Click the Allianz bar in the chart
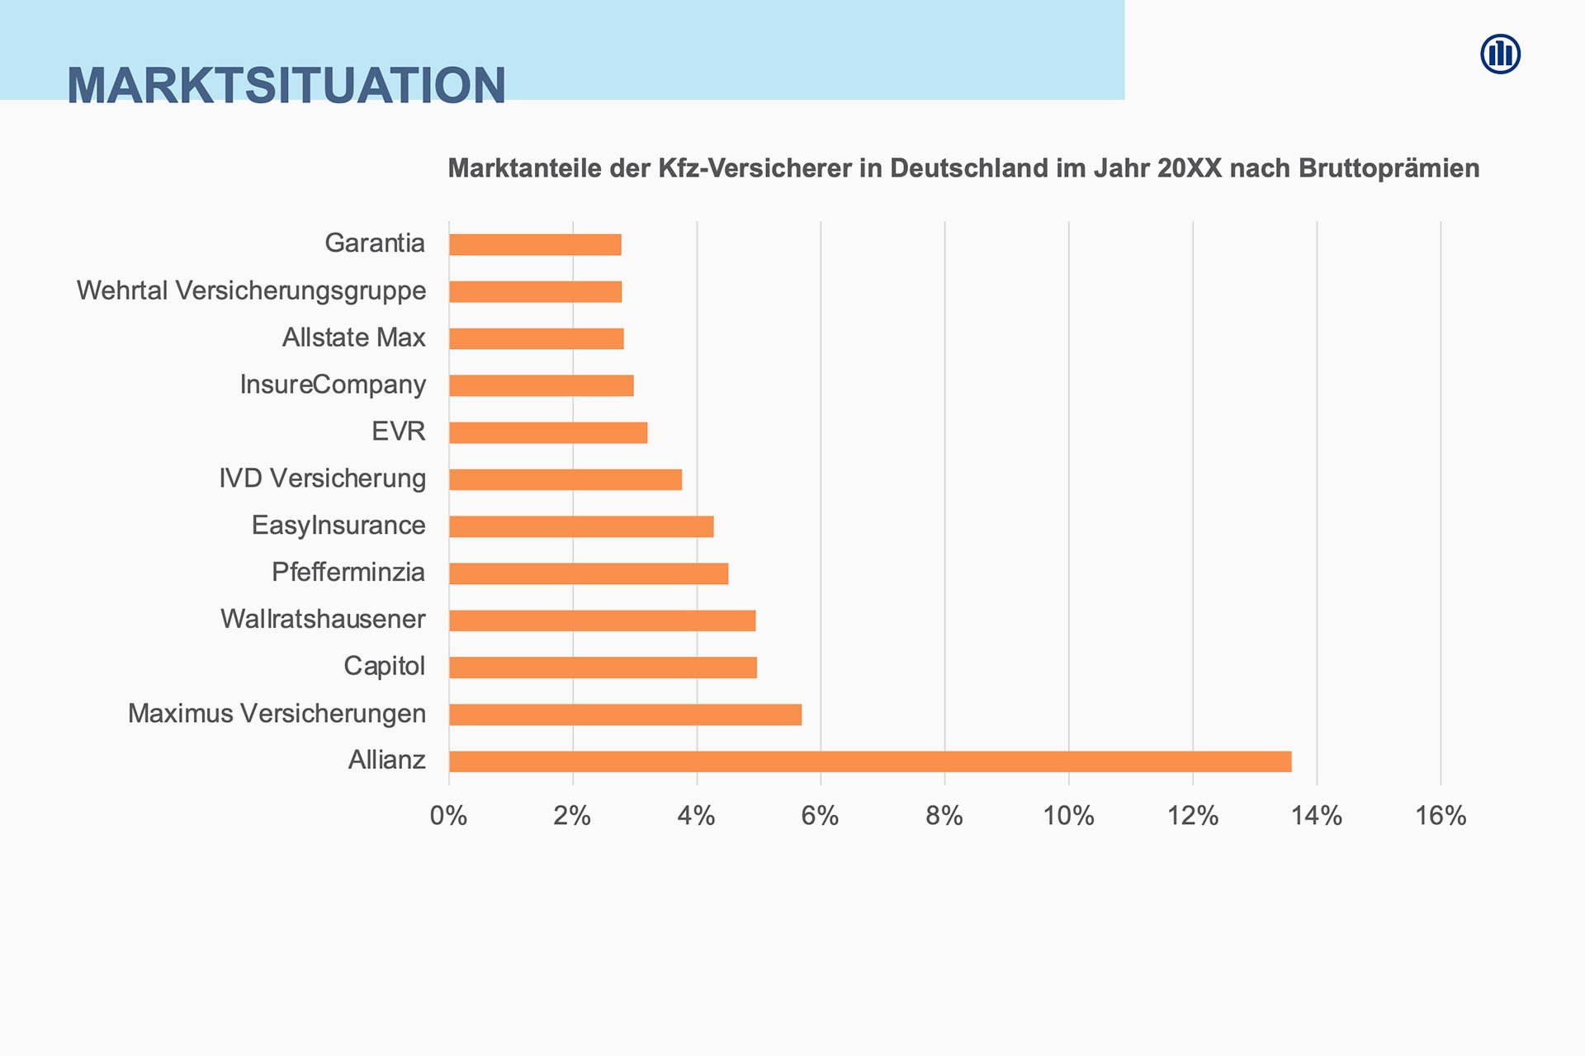tap(870, 761)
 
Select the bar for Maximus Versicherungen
tap(625, 714)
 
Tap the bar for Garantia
tap(535, 245)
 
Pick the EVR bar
tap(548, 432)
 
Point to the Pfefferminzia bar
tap(589, 573)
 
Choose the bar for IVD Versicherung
tap(565, 479)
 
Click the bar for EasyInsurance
tap(581, 526)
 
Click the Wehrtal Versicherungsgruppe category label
tap(251, 291)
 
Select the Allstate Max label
tap(353, 338)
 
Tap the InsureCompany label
tap(333, 385)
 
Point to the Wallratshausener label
tap(323, 620)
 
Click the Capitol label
tap(384, 667)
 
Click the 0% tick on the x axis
tap(448, 816)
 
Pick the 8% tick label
tap(944, 816)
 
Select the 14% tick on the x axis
tap(1316, 816)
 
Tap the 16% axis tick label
tap(1441, 816)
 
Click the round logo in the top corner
tap(1500, 54)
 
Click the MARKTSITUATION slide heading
tap(286, 85)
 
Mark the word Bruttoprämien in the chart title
tap(1389, 168)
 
